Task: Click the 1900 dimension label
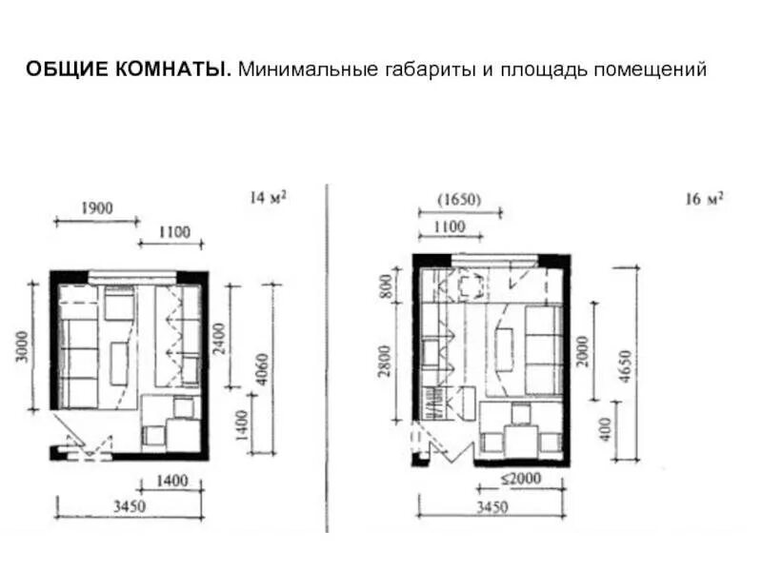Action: pos(97,208)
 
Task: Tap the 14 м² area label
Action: pos(268,197)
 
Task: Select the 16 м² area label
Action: pos(704,199)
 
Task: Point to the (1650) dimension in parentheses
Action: pos(459,200)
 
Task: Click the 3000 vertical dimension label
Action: pos(22,346)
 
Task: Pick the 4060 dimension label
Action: pos(262,369)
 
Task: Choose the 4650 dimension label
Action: pos(626,366)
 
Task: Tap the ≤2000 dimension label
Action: pos(520,479)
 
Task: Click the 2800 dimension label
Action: pos(385,362)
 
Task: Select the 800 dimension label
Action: pos(386,286)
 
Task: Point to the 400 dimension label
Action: pos(605,429)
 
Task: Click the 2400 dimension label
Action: pos(220,339)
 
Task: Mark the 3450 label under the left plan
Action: pos(130,506)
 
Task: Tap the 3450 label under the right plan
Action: pos(491,507)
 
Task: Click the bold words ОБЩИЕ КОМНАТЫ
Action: pos(129,69)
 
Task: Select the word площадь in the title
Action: pos(545,70)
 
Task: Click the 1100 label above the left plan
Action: pos(174,232)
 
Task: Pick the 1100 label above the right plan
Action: pos(450,226)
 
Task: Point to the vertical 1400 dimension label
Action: pos(242,425)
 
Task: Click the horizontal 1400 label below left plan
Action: pos(172,482)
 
